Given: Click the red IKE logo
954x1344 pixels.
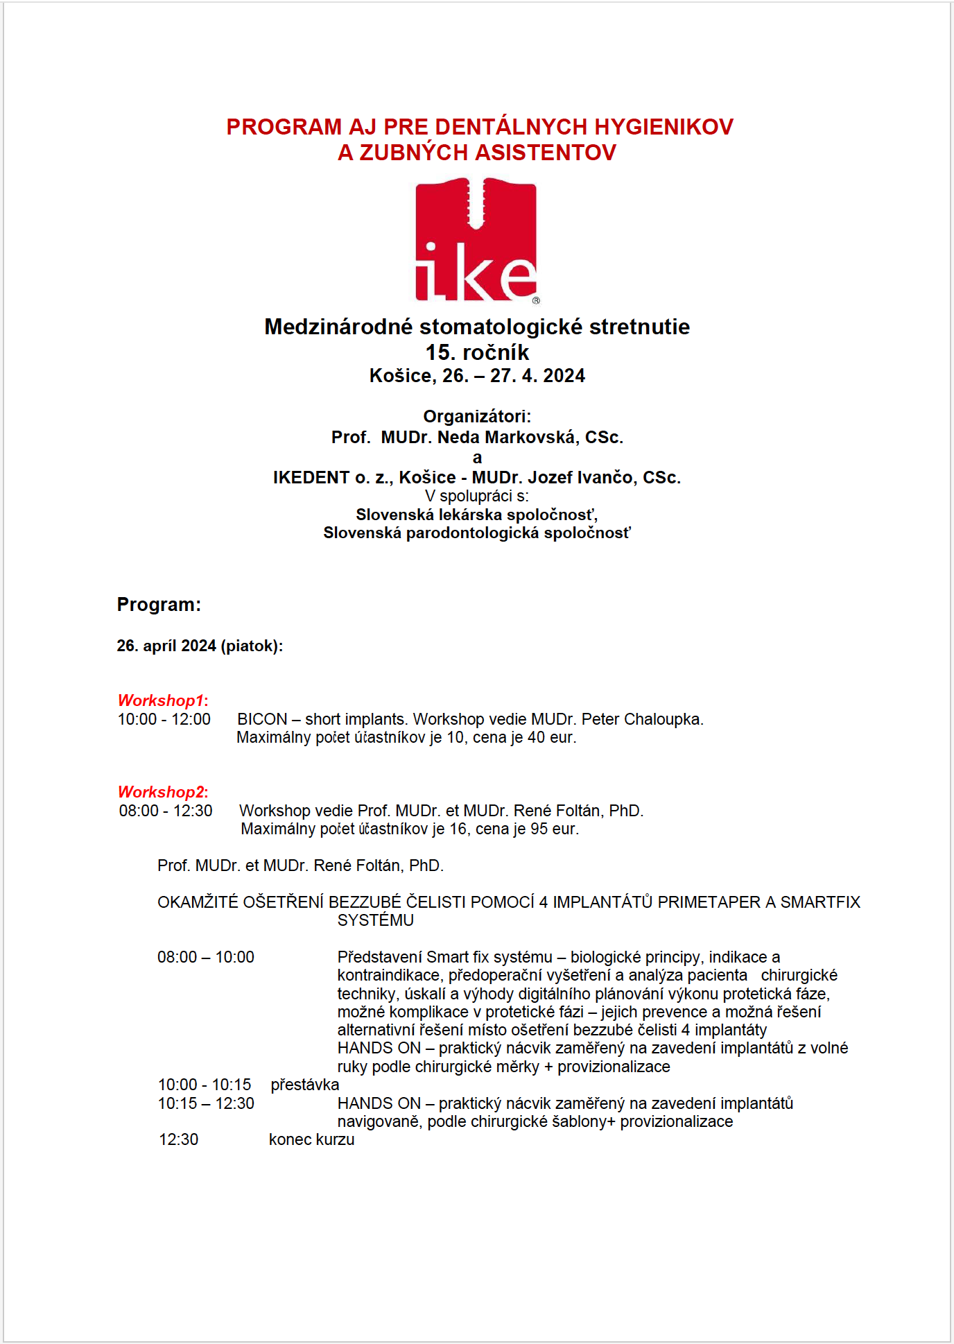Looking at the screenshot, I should point(476,240).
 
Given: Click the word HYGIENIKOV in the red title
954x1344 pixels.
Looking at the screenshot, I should point(664,127).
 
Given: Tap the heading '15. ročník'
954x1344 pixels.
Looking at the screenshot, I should point(477,352).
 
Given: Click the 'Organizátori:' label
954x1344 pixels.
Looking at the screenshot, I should point(477,416).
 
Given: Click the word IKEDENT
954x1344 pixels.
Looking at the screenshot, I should point(311,478).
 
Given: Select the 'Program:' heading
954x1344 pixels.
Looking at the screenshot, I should point(159,605).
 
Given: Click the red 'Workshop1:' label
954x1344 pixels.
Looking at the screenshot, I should point(163,700).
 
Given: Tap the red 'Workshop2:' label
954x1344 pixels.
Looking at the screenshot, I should point(163,792).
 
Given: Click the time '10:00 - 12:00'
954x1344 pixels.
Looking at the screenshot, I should point(164,719).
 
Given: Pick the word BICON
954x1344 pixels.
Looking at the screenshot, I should point(262,719).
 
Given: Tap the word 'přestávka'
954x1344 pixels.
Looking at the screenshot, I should point(305,1085).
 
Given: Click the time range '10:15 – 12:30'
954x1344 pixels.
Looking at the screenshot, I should point(206,1103).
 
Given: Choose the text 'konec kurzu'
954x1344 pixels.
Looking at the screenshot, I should point(312,1139).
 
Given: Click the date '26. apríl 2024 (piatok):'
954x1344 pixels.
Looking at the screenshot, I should point(200,646).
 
